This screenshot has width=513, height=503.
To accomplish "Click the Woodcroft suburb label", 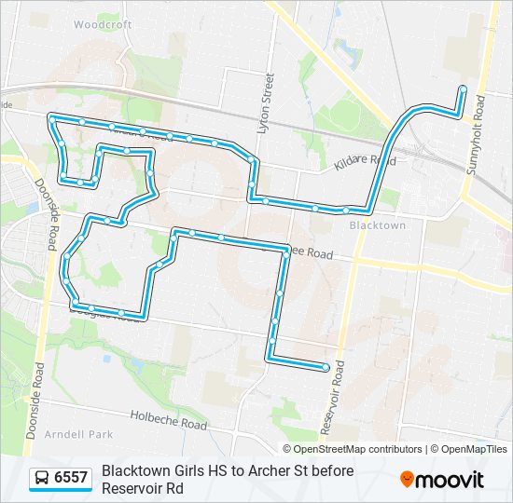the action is pos(102,25).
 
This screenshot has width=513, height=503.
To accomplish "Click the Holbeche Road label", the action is pos(168,420).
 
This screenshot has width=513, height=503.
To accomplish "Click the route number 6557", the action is pos(71,478).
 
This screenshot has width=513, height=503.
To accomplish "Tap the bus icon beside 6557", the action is pos(42,478).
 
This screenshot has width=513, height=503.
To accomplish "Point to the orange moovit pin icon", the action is pos(407,480).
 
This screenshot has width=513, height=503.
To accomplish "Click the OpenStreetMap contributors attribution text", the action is pos(345,449).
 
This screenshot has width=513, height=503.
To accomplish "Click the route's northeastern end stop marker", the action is pos(462,89).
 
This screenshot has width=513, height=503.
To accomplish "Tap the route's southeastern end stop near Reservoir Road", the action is pos(326,367).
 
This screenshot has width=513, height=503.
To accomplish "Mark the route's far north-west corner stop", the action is pos(52,117).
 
